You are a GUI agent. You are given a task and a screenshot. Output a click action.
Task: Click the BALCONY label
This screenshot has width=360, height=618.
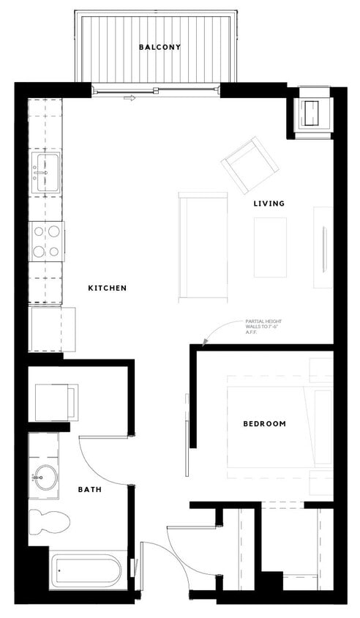pos(160,48)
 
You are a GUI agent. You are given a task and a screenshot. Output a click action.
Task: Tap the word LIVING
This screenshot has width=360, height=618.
pos(269,203)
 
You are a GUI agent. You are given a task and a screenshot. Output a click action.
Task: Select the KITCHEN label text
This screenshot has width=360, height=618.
pos(108,288)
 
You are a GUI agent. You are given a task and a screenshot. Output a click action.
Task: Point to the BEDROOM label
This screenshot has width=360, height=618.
pos(264,423)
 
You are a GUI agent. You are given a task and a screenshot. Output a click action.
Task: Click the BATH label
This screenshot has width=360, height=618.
pos(90,489)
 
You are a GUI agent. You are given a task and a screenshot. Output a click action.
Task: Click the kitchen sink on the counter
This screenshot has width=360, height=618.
pos(46,171)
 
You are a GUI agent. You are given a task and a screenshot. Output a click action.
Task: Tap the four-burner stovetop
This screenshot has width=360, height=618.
pos(46,241)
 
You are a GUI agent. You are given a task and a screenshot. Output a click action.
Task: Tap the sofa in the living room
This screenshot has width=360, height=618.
pos(202,246)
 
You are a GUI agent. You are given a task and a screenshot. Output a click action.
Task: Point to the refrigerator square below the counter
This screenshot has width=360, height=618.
pos(52,330)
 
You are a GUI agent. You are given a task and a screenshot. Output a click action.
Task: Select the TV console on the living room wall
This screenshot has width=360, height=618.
pos(323,249)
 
